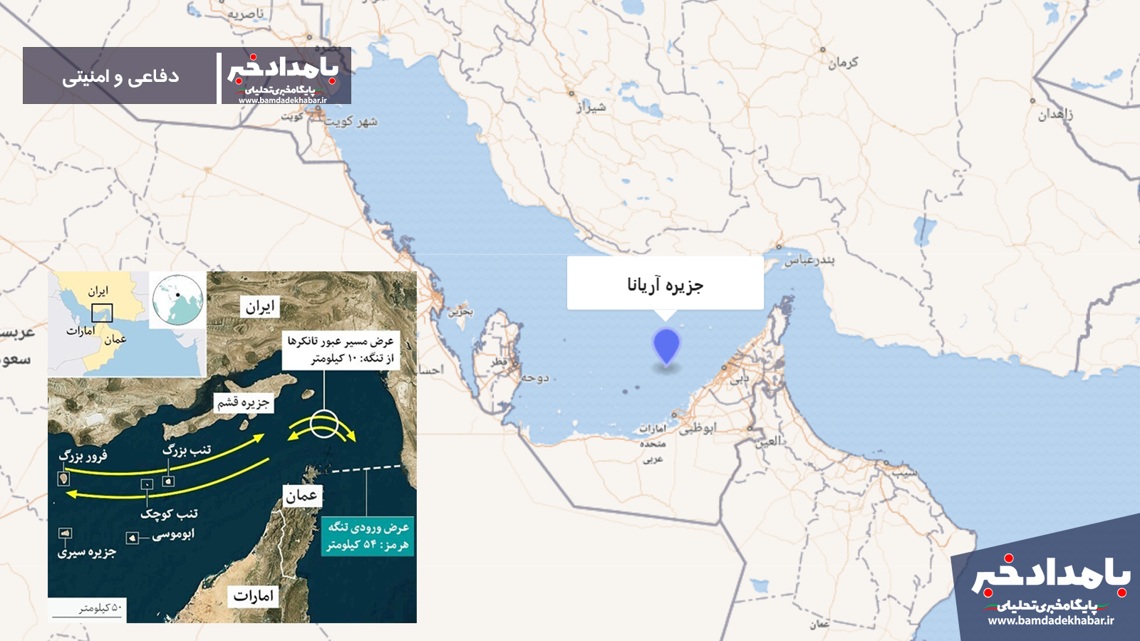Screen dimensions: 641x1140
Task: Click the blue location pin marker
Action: tap(666, 345)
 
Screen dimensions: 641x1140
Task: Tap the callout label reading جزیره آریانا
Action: tap(665, 284)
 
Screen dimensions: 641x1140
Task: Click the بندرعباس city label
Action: tap(809, 260)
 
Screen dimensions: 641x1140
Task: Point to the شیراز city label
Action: tap(591, 107)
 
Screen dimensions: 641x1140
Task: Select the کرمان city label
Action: tap(843, 63)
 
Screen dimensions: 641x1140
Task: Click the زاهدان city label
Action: tap(1055, 114)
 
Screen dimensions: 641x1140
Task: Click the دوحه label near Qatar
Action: tap(534, 377)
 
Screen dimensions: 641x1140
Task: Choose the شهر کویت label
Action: tap(351, 122)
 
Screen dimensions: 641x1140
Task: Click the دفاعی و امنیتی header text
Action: tap(120, 76)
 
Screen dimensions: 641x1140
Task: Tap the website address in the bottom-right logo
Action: tap(1051, 620)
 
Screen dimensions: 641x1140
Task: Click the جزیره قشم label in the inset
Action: tap(243, 403)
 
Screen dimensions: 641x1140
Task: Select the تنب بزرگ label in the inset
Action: tap(187, 450)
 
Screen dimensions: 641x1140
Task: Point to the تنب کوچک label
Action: tap(169, 513)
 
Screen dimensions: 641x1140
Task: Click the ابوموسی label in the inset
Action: tap(173, 534)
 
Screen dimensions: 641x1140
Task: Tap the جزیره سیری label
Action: tap(87, 552)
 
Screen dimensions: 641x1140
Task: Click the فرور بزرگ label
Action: tap(83, 456)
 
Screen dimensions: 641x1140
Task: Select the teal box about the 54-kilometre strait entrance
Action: tap(368, 536)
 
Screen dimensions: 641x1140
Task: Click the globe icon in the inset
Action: tap(177, 300)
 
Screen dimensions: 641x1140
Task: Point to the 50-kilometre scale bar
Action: tap(100, 610)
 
